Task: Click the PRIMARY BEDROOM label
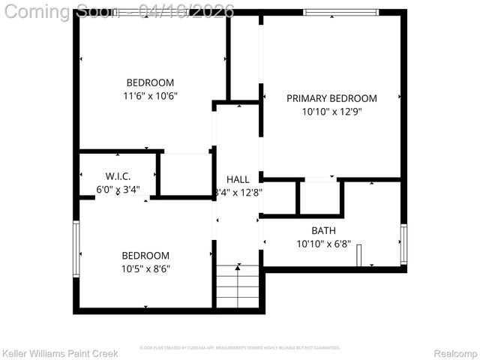click(331, 98)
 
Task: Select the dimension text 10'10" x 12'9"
click(331, 112)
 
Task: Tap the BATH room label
click(324, 230)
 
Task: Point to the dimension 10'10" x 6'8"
click(324, 244)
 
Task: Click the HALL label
click(238, 179)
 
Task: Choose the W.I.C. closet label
click(118, 175)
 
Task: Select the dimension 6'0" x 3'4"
click(118, 190)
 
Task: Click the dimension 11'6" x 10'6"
click(150, 96)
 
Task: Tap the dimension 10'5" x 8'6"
click(147, 268)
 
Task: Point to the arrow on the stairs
click(238, 267)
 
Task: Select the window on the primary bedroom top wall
click(341, 13)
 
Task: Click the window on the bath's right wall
click(403, 244)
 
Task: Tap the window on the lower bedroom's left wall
click(76, 249)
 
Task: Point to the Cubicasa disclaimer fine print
click(240, 348)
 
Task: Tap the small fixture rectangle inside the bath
click(358, 255)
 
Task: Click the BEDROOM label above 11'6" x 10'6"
click(150, 82)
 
